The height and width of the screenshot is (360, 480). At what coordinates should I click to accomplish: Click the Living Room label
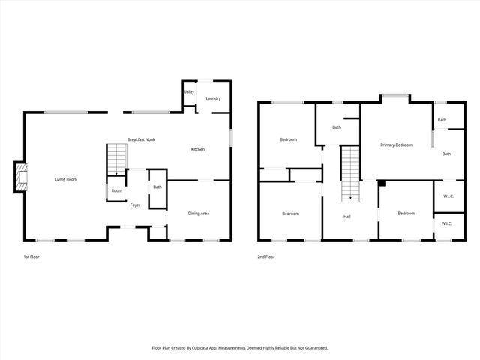coord(66,179)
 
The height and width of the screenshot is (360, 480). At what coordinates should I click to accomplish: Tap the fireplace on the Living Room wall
coord(20,177)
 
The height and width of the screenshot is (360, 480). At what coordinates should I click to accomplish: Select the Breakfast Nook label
coord(141,140)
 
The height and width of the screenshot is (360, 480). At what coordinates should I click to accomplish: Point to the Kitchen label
coord(198,150)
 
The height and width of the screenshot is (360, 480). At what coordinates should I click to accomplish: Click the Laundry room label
coord(213,98)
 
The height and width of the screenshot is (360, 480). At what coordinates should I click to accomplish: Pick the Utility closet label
coord(190,92)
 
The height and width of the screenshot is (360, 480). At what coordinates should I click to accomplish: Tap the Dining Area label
coord(198,214)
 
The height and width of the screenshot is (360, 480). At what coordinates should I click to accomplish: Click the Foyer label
coord(136,205)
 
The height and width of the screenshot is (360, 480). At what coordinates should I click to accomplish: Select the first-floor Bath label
coord(157,187)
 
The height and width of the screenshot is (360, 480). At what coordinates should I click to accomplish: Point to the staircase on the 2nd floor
coord(349,174)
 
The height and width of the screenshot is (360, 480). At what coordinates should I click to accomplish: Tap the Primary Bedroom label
coord(396,145)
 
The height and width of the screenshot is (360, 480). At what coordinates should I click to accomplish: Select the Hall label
coord(347,217)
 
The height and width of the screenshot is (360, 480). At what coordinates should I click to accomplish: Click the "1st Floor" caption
coord(31,256)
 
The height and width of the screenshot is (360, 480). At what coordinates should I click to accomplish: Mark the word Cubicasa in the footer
coord(216,347)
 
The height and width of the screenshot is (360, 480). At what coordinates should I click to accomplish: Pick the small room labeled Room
coord(117,191)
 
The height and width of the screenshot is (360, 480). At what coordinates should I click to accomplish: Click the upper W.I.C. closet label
coord(448,197)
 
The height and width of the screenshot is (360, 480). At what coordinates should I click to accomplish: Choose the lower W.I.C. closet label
coord(446,223)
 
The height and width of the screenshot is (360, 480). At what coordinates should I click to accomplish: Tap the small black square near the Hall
coord(381,183)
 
